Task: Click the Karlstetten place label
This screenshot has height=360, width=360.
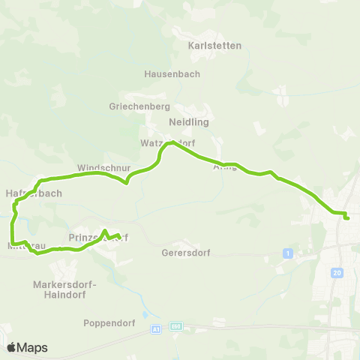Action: point(214,46)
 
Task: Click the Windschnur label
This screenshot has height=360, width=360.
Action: point(103,167)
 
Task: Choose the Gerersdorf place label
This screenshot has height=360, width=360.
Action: point(184,253)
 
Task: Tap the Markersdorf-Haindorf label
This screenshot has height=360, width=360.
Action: point(60,289)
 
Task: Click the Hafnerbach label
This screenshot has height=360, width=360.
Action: point(33,193)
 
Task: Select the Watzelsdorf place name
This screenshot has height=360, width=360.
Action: point(166,142)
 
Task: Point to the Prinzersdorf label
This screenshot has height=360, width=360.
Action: point(98,238)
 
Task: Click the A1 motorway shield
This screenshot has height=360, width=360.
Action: point(155,329)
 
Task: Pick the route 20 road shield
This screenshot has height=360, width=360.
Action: point(337,273)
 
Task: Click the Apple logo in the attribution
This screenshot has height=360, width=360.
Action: point(11,347)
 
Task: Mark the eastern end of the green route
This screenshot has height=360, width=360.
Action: point(348,218)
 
